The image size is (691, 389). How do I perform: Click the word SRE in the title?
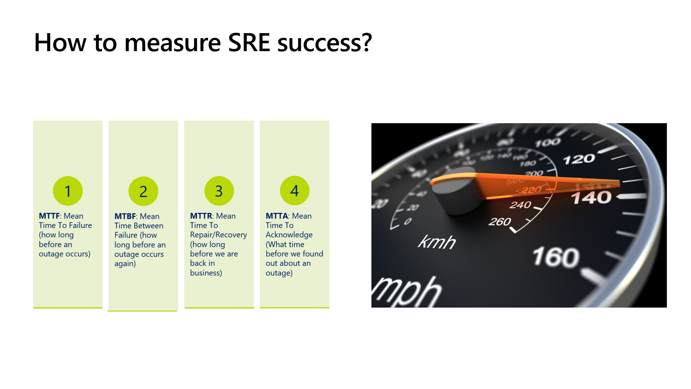click(x=249, y=43)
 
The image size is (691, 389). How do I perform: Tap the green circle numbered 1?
click(x=68, y=191)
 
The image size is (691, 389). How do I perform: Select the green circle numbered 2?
click(x=143, y=191)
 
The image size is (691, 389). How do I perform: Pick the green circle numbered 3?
click(x=219, y=191)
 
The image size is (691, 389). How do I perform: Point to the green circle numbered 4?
click(x=295, y=191)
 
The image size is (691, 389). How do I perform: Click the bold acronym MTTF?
click(x=49, y=216)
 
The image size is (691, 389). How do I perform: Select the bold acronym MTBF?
click(x=125, y=216)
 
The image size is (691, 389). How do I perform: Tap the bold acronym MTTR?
click(x=201, y=216)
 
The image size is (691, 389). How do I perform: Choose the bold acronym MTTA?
click(x=277, y=216)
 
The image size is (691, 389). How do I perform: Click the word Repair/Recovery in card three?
click(x=218, y=235)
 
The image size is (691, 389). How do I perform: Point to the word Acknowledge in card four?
click(x=289, y=235)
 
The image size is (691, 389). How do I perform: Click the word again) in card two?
click(x=125, y=264)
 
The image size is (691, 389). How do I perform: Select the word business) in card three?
click(x=206, y=273)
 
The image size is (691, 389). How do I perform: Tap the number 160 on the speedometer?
click(x=556, y=257)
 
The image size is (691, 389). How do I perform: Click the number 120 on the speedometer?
click(x=579, y=159)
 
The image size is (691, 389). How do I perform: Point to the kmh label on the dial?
click(x=437, y=242)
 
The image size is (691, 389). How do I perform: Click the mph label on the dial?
click(x=407, y=292)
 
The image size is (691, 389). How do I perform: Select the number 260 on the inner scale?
click(x=500, y=222)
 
